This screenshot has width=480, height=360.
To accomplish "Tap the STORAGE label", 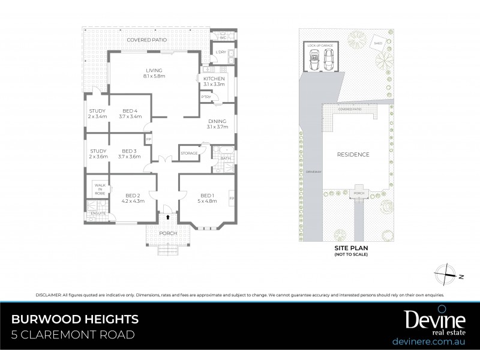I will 190,154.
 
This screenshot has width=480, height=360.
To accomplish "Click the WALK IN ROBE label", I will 100,190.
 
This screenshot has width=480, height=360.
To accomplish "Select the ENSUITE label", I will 98,213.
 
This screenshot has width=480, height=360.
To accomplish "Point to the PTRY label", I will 206,97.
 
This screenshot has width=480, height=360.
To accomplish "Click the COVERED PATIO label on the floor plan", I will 146,40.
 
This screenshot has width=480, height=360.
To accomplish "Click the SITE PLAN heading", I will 351,247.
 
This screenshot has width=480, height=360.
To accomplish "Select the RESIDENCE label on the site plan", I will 352,154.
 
